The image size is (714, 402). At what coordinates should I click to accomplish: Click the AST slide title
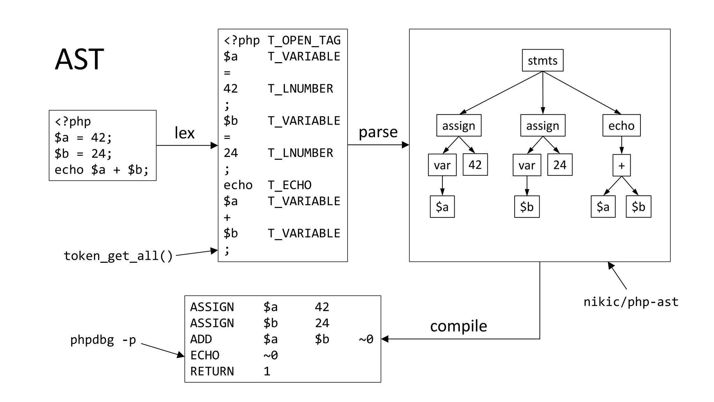click(x=79, y=59)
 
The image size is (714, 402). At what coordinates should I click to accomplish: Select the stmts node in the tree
click(x=542, y=60)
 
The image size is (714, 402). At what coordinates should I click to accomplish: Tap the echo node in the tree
click(x=621, y=125)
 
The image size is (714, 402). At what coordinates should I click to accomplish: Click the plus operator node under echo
click(x=621, y=165)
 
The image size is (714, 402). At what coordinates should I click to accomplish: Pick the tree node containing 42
click(x=475, y=165)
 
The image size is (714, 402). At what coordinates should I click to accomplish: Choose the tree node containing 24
click(x=560, y=165)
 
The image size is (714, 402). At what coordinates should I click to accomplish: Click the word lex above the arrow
click(x=184, y=133)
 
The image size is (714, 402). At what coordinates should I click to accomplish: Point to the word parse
click(x=378, y=132)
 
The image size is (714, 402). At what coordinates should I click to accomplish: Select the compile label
click(x=458, y=326)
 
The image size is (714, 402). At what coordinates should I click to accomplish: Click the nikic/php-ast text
click(x=631, y=302)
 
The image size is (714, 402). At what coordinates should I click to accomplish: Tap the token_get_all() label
click(x=118, y=256)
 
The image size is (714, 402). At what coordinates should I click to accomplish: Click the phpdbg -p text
click(x=103, y=340)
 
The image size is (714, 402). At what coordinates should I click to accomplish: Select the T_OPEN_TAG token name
click(x=304, y=40)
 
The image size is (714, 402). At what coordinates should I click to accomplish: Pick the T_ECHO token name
click(x=289, y=185)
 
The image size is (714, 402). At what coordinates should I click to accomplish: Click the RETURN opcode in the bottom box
click(x=212, y=371)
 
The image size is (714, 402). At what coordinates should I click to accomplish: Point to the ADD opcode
click(x=201, y=339)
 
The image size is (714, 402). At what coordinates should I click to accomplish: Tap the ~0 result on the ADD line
click(x=366, y=339)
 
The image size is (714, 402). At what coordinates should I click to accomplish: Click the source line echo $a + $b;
click(x=101, y=170)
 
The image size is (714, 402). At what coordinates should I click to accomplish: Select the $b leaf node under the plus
click(x=638, y=207)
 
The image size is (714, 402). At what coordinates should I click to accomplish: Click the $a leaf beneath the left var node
click(x=442, y=207)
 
